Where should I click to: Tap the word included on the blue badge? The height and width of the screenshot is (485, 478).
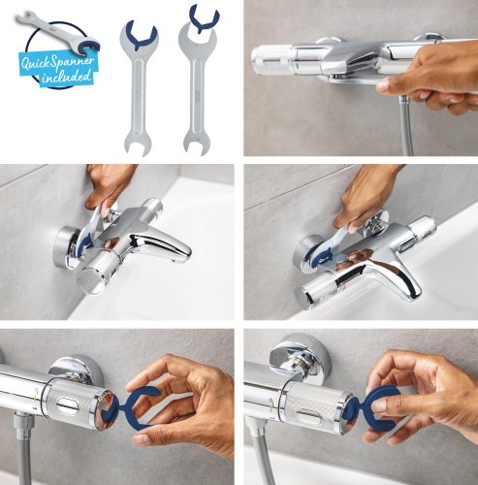[65, 77]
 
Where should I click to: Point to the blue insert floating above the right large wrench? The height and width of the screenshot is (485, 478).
[203, 16]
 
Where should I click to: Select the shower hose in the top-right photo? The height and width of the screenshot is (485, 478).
[405, 126]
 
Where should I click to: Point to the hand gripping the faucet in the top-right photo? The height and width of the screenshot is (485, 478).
[431, 78]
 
